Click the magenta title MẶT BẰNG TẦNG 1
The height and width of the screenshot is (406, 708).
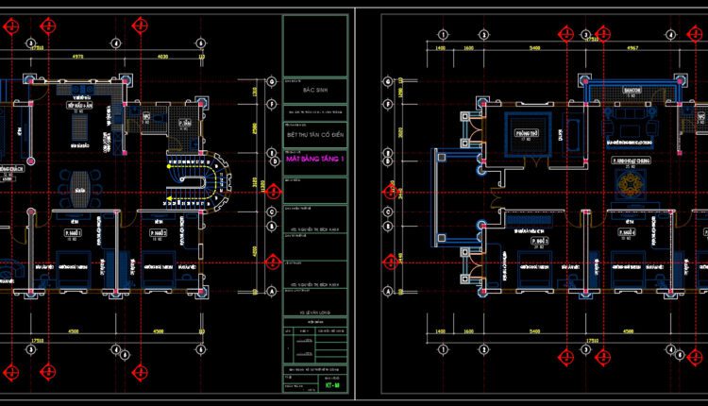point(316,160)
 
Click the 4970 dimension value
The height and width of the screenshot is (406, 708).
point(78,57)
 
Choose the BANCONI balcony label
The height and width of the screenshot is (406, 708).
point(631,90)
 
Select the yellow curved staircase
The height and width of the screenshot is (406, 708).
point(198,176)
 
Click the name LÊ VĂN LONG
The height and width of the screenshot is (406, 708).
point(316,308)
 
